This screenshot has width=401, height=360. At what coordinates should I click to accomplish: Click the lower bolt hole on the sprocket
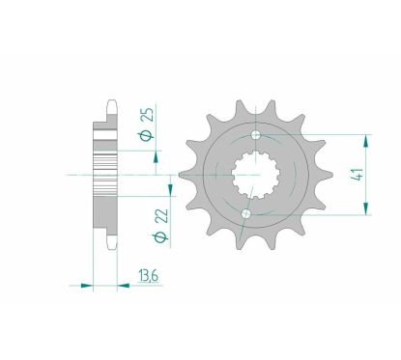tap(246, 212)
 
